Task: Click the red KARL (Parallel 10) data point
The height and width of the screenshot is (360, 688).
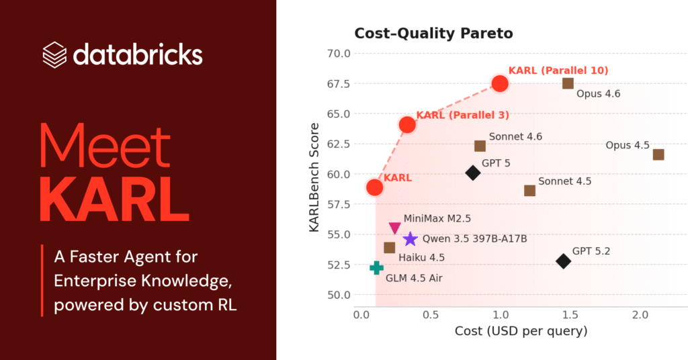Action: click(x=500, y=83)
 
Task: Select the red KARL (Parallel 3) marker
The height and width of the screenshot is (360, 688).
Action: click(x=407, y=124)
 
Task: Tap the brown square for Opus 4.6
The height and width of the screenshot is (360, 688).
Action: click(x=568, y=83)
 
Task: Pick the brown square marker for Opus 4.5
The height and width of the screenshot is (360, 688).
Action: click(x=658, y=154)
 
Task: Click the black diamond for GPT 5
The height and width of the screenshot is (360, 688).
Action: click(x=473, y=173)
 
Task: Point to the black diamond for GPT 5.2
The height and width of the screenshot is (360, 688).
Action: click(x=563, y=261)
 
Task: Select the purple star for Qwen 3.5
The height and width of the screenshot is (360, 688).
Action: click(x=410, y=239)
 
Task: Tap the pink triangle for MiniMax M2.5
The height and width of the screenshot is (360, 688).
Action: click(x=395, y=228)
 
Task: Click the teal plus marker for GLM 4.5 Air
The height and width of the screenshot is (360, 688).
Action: click(x=376, y=268)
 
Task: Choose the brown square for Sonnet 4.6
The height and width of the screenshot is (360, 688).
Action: click(x=480, y=146)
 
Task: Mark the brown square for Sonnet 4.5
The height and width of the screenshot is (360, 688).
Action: click(x=529, y=190)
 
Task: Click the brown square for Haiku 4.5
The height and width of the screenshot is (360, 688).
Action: click(x=389, y=248)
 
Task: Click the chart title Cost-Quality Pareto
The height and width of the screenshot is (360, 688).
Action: click(x=433, y=33)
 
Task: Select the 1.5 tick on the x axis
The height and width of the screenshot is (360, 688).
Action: click(x=569, y=314)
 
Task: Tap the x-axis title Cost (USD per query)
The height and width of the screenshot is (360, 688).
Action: click(x=521, y=331)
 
